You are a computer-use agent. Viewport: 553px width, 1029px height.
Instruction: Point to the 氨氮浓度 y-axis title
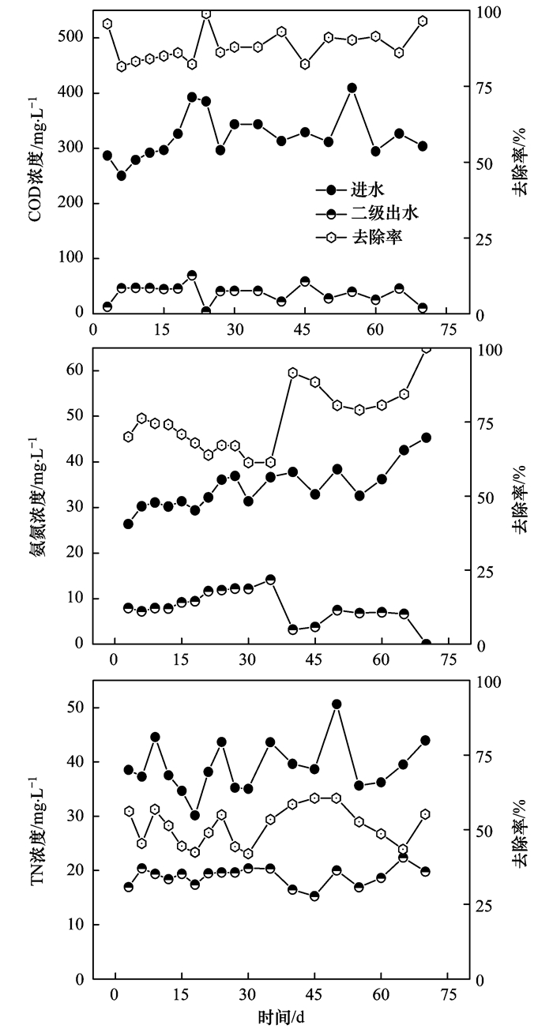coord(36,495)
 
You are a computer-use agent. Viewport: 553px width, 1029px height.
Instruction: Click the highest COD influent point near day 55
coord(352,88)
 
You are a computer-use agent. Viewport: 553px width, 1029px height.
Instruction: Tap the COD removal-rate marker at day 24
coord(206,13)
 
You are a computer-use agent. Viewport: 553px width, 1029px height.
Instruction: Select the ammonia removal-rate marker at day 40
coord(293,373)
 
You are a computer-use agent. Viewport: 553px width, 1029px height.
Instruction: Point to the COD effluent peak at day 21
coord(192,275)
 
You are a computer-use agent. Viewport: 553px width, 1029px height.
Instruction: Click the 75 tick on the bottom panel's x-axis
coord(449,994)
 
